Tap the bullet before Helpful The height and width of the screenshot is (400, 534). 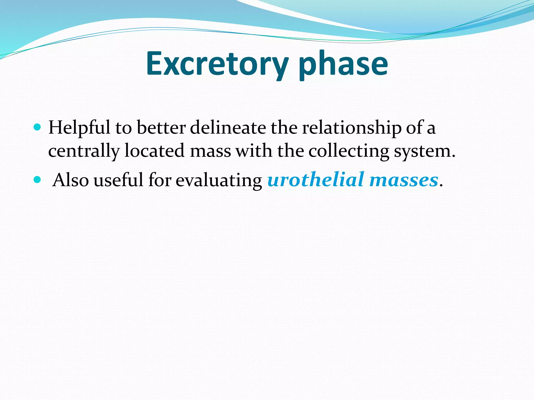tap(38, 127)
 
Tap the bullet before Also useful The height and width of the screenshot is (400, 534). tap(38, 179)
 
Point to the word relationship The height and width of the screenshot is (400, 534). tap(351, 128)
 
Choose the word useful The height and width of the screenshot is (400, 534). tap(118, 180)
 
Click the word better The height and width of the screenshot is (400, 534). tap(161, 128)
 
